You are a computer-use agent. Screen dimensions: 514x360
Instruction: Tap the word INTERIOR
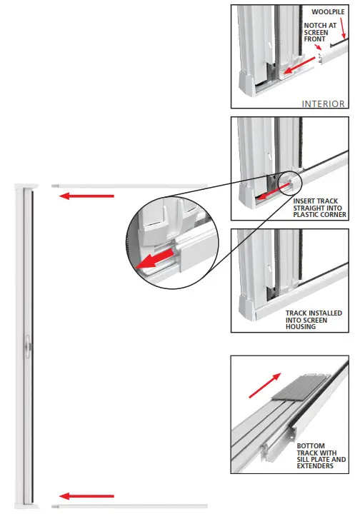tap(324, 104)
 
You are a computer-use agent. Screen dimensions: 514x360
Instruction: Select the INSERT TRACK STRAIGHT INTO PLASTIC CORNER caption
tap(319, 207)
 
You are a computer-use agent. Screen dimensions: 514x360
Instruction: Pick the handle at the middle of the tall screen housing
tap(26, 345)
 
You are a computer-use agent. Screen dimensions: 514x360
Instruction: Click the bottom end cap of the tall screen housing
tap(27, 505)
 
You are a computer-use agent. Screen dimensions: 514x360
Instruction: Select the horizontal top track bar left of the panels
tap(129, 186)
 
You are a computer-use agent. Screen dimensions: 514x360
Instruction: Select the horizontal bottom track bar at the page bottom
tap(129, 506)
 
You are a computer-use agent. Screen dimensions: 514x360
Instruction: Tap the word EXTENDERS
tap(315, 467)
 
